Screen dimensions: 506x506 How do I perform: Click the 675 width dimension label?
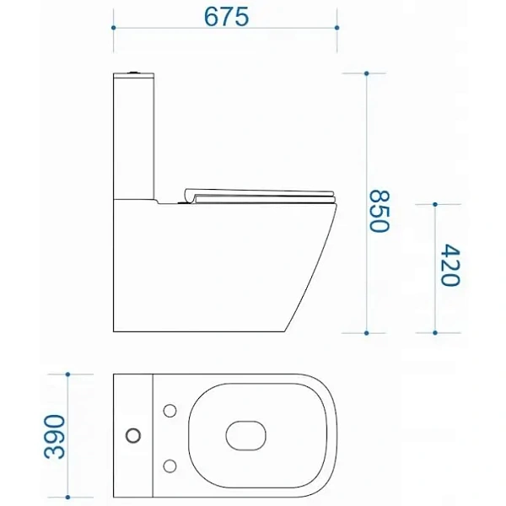point(227,17)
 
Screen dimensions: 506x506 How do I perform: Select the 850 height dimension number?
point(379,212)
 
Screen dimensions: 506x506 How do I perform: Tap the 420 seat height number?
point(450,266)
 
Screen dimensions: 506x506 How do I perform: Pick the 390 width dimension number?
point(54,436)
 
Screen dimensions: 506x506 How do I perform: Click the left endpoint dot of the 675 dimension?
point(113,28)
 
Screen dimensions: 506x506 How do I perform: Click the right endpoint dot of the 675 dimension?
point(336,28)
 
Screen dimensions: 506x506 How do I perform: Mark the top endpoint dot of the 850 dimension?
point(366,73)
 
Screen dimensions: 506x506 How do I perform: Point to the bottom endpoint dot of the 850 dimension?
point(366,333)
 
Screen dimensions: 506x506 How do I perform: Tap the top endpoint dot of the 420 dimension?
point(435,204)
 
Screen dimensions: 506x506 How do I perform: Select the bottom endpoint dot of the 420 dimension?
point(435,333)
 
